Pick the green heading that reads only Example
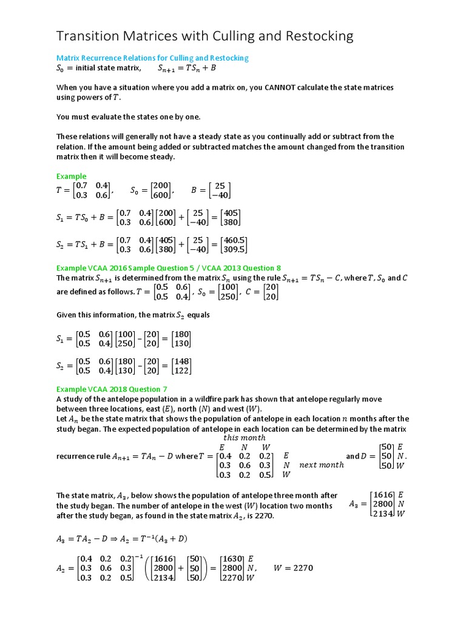coord(71,176)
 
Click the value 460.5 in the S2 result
coord(233,240)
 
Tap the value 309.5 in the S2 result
coord(233,249)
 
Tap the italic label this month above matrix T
coord(244,437)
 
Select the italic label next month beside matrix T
coord(322,465)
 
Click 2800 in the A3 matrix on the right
coord(382,503)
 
